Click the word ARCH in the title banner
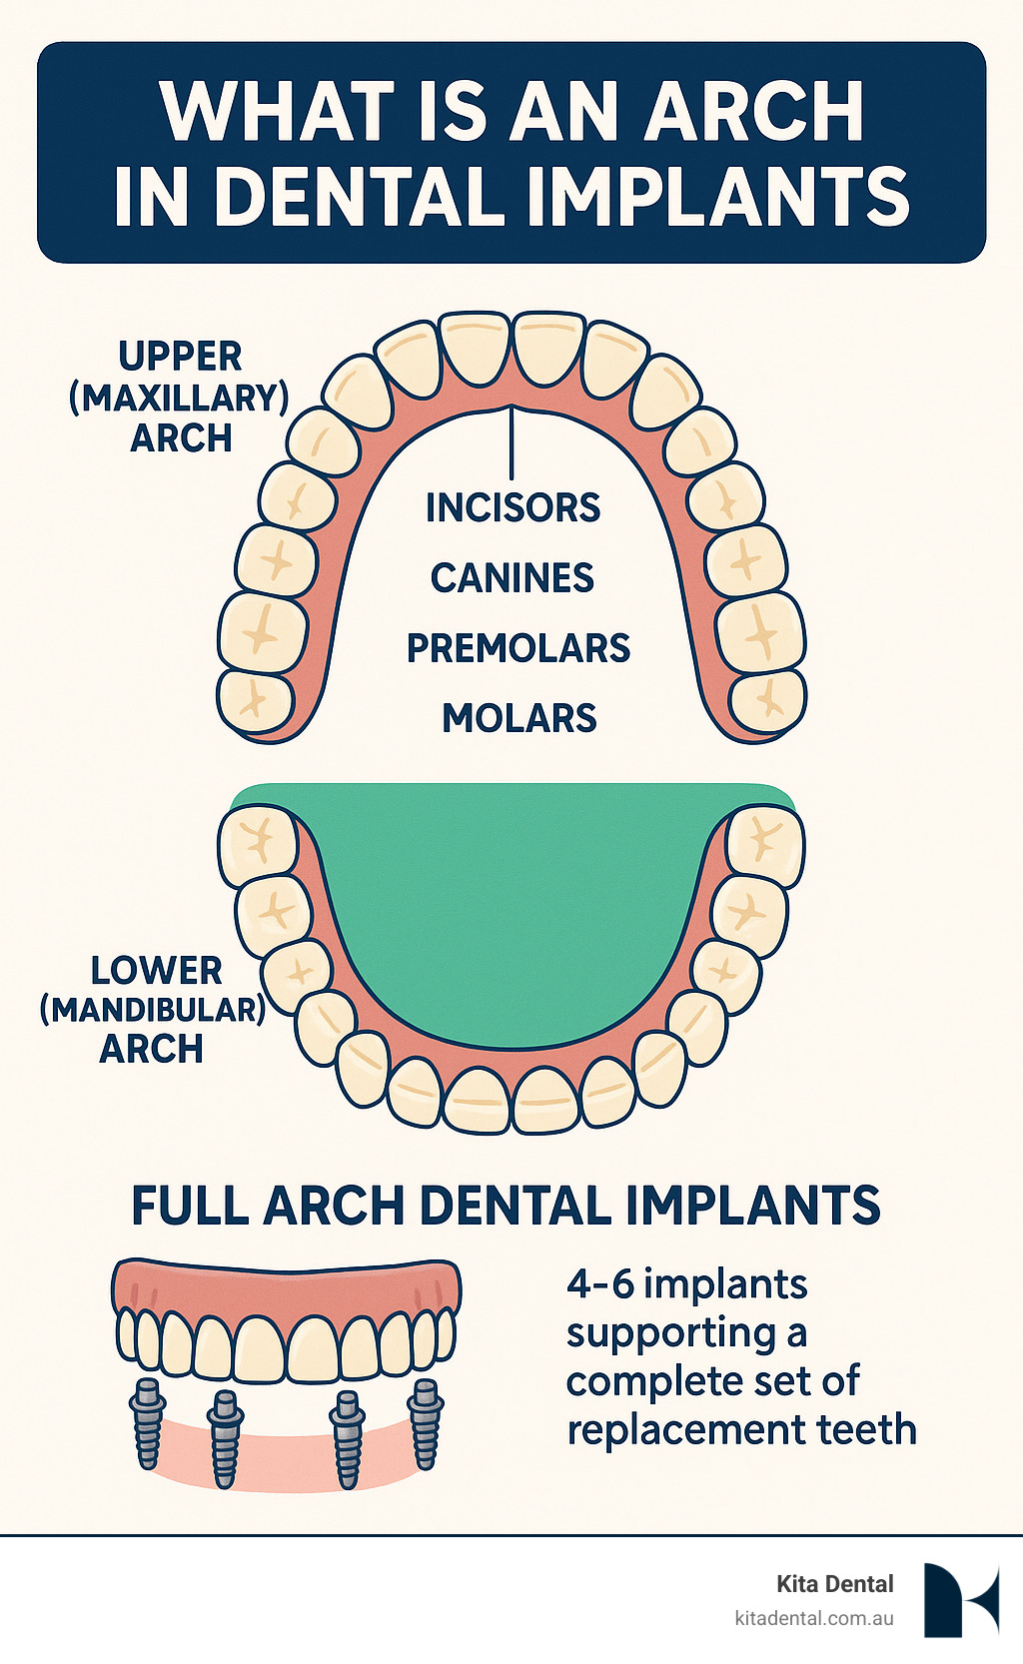tap(753, 112)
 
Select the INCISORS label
tap(512, 508)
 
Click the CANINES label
tap(512, 578)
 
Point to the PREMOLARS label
tap(517, 649)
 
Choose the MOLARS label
tap(519, 719)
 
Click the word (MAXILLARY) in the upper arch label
tap(179, 399)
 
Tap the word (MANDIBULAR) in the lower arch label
tap(153, 1010)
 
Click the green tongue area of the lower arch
tap(511, 899)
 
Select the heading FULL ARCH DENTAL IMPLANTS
tap(506, 1207)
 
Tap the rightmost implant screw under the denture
tap(426, 1423)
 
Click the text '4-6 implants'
tap(686, 1284)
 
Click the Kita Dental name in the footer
tap(835, 1584)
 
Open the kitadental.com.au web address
tap(813, 1618)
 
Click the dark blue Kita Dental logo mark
tap(960, 1600)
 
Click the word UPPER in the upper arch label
tap(180, 358)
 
